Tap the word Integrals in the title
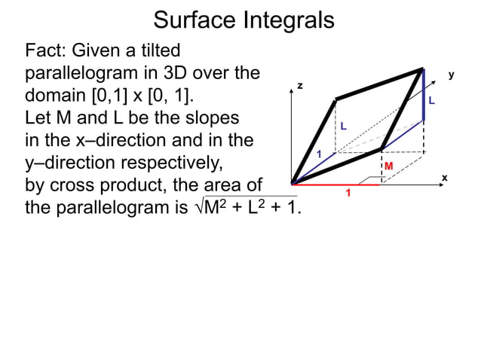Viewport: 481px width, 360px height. [287, 20]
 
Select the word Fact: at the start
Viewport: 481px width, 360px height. [49, 51]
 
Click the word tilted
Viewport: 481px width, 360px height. [156, 51]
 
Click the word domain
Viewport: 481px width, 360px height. [58, 98]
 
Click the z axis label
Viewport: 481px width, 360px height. [300, 86]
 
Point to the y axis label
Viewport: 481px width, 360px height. [451, 75]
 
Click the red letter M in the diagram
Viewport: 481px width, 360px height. [389, 166]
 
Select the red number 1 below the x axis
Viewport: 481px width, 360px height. [348, 194]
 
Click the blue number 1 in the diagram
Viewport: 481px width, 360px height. [319, 154]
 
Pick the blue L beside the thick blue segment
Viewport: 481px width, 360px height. [432, 100]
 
